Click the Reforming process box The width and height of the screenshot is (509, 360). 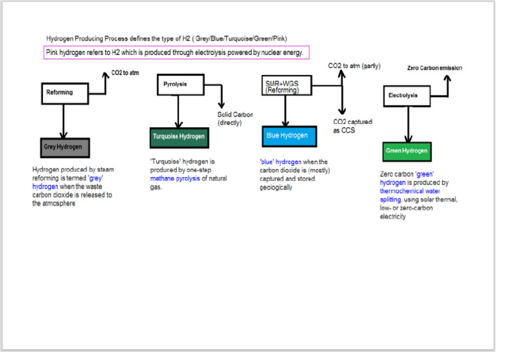pos(64,93)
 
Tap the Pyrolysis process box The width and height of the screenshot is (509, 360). pos(180,86)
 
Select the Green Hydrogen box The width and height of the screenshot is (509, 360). pos(406,150)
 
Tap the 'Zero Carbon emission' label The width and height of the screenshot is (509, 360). pos(434,68)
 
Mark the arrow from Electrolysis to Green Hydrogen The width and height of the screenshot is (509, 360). pos(408,123)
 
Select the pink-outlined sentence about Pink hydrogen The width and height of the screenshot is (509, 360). pos(177,52)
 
